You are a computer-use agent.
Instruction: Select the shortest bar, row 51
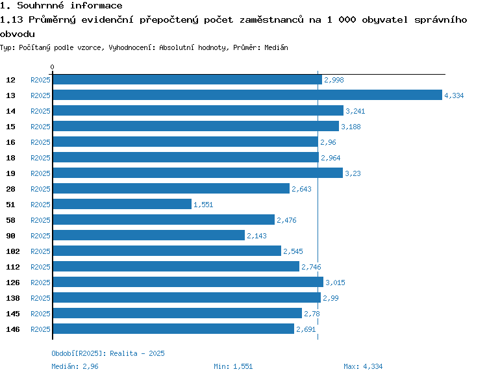122,205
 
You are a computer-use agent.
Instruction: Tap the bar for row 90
149,236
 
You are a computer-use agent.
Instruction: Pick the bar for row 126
188,283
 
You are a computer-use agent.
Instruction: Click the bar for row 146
173,329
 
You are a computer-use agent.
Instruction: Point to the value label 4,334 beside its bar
454,95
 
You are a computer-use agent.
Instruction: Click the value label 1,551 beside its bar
203,205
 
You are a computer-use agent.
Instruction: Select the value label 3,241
355,111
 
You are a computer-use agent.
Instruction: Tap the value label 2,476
286,220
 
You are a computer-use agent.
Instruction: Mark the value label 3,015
335,283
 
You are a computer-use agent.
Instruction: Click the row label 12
10,80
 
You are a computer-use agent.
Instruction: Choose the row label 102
12,251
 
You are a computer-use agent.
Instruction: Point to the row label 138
12,298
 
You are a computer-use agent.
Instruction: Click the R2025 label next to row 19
41,173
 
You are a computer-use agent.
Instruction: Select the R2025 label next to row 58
41,220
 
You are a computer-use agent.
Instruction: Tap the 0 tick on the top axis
52,67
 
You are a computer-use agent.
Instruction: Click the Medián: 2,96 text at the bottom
75,366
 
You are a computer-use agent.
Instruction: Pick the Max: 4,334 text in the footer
363,366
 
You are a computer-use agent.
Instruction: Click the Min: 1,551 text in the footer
233,366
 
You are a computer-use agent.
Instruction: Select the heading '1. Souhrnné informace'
61,6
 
